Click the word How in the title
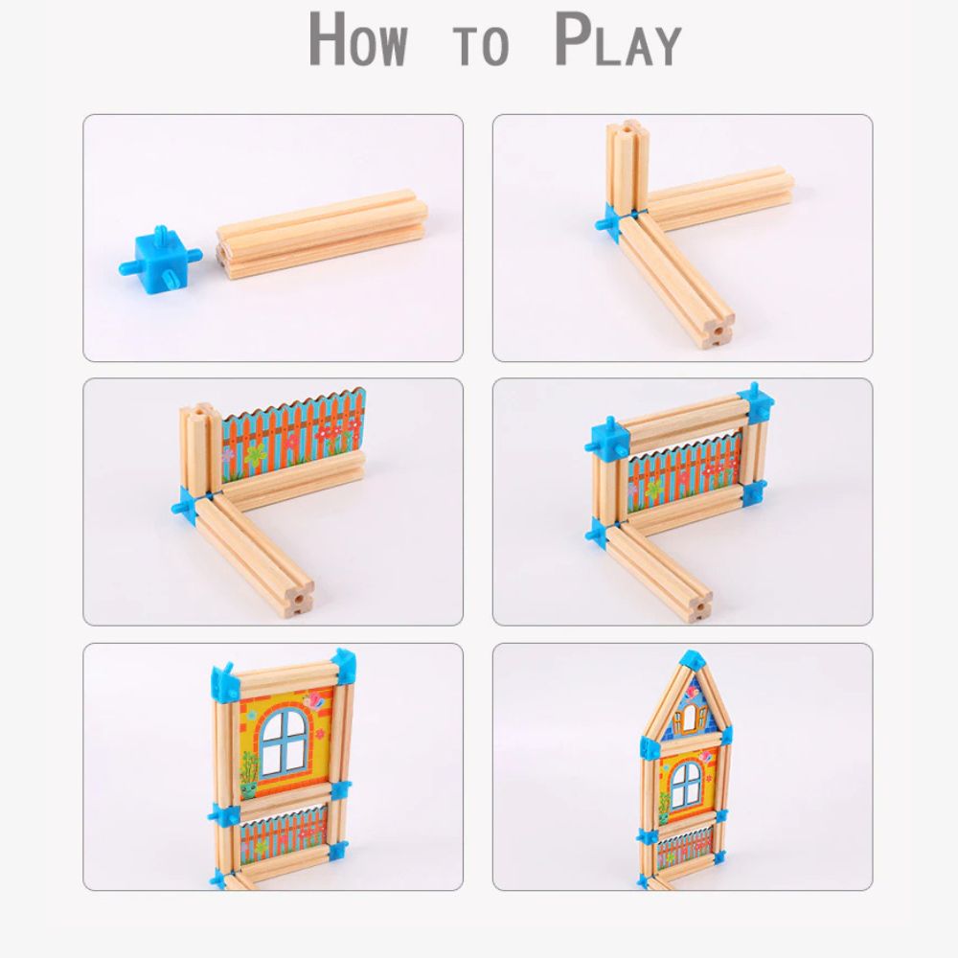point(357,39)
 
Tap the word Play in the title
point(618,39)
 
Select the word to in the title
point(481,45)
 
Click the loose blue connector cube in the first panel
point(161,258)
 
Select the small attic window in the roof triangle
point(690,716)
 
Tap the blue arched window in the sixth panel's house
point(686,786)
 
